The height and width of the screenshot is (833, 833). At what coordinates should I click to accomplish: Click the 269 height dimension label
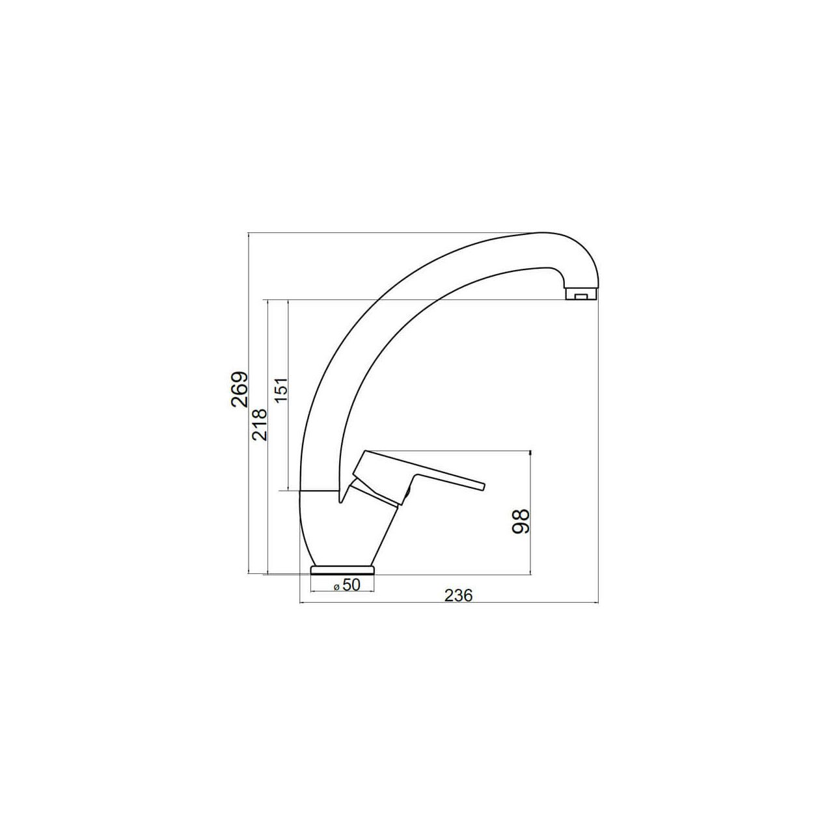(239, 383)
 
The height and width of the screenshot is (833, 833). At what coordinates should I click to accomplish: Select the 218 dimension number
(260, 424)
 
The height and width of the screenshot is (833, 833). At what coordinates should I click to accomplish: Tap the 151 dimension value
(281, 389)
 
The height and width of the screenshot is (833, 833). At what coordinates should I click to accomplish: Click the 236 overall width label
(459, 595)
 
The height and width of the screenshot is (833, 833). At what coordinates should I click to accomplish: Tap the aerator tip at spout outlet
(580, 294)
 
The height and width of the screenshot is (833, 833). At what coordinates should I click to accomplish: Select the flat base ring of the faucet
(342, 569)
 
